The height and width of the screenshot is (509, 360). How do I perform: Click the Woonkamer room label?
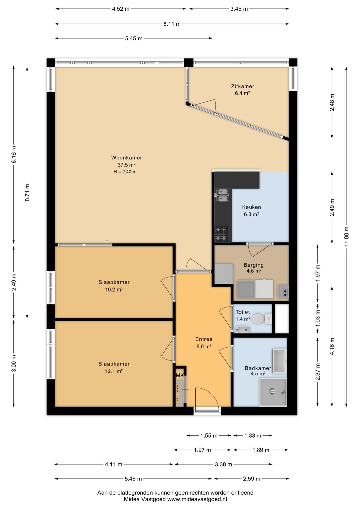pos(127,157)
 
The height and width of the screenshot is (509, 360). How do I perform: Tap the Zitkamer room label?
pos(243,86)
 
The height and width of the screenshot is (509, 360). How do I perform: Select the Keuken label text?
pos(251,207)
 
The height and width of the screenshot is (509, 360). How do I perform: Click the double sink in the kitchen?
pos(222,195)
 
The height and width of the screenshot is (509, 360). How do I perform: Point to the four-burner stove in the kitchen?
pos(221,234)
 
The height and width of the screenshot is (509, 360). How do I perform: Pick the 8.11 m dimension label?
pos(172,24)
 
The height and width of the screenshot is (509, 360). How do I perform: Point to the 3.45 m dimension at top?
pos(239,9)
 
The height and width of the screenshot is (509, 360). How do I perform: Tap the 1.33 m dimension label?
pos(253,436)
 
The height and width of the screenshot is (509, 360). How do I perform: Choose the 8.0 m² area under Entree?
pos(204,346)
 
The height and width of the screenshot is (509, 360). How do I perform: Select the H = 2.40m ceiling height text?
pos(124,172)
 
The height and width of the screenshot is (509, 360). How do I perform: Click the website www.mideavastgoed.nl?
pos(197,499)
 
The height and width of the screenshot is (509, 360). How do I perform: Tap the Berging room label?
pos(253,265)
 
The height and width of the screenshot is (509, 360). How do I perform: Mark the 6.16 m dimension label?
pos(14,154)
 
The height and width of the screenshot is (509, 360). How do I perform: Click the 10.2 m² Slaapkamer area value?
pos(114,290)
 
